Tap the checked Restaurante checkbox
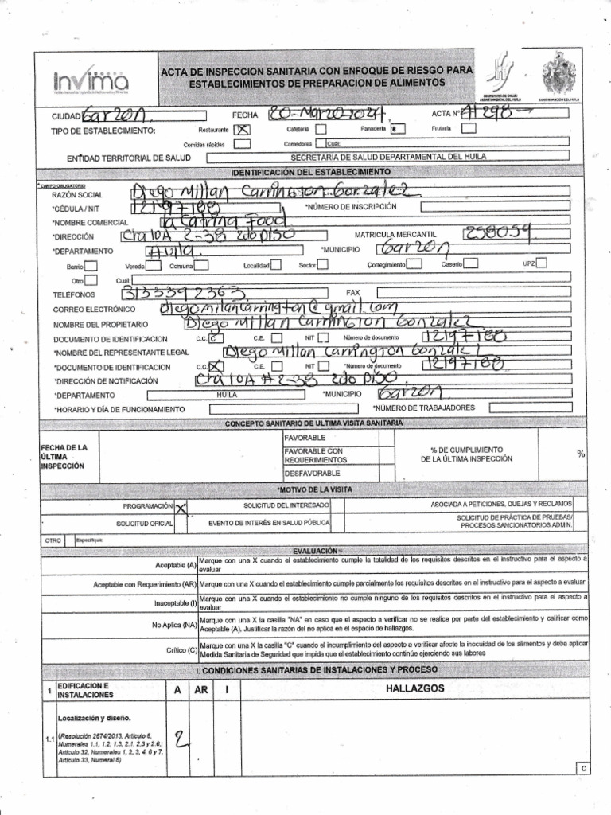(243, 130)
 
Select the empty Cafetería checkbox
(320, 129)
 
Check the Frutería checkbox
(469, 128)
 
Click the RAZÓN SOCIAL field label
(77, 195)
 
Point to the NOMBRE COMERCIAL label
(85, 222)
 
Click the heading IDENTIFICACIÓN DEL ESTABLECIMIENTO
(310, 173)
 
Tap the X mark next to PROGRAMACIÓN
(182, 506)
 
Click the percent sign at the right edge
(582, 453)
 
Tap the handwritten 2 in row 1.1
(182, 742)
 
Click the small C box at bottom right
(583, 769)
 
